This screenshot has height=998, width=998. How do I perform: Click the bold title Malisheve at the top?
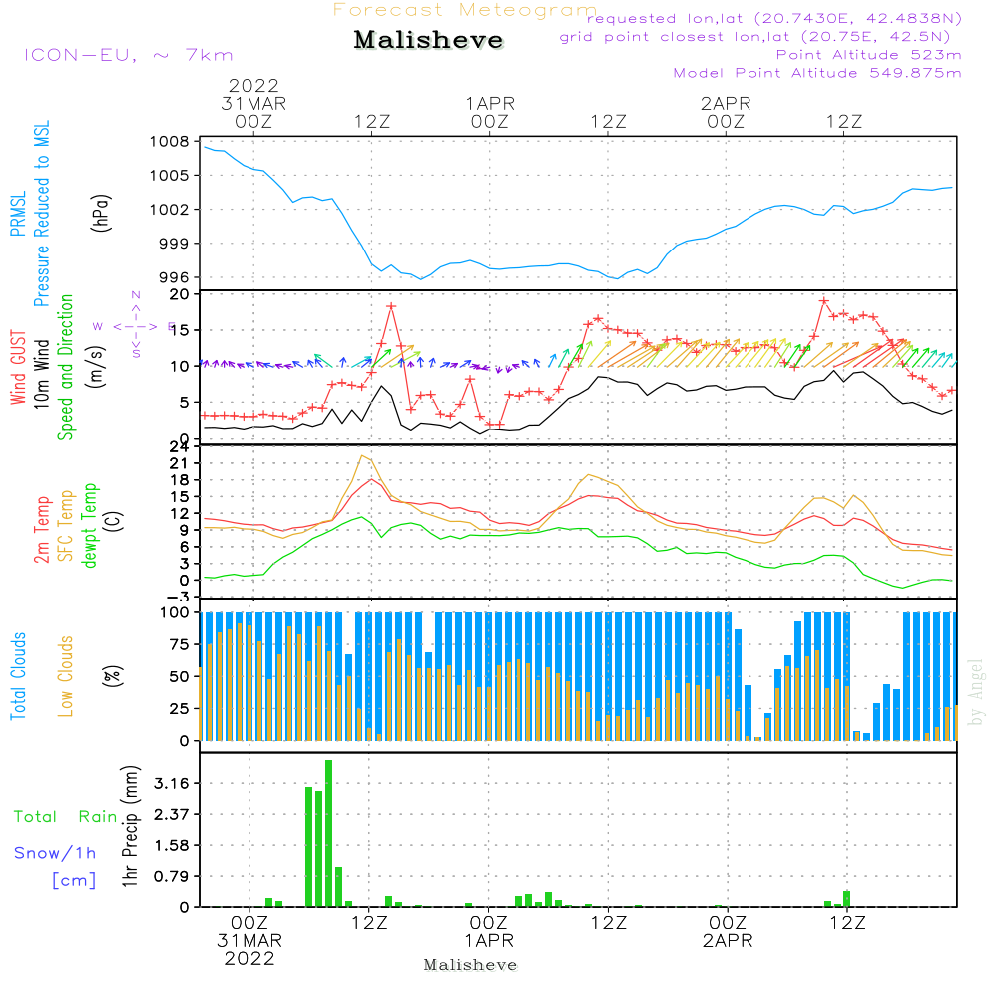[428, 41]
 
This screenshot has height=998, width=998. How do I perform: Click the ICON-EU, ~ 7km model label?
[128, 55]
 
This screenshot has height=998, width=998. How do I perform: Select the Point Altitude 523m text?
[868, 55]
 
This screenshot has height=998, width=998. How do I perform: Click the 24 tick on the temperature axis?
[181, 446]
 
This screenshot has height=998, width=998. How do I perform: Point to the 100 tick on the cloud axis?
[176, 612]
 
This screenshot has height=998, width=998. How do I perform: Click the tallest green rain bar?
[328, 833]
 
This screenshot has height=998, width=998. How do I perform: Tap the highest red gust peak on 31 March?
[391, 305]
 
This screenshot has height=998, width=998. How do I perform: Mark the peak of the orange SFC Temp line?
[363, 455]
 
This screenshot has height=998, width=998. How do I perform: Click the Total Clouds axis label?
[19, 676]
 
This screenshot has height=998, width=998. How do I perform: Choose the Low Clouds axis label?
[66, 676]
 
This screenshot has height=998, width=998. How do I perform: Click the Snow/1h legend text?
[56, 853]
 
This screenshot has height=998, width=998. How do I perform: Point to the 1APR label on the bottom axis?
[488, 941]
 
